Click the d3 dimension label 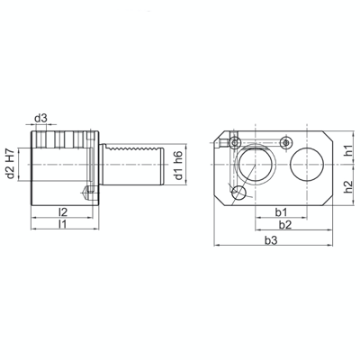[x=40, y=118]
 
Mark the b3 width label [x=271, y=240]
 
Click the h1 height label [x=348, y=150]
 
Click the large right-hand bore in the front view [x=306, y=163]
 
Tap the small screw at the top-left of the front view [x=234, y=142]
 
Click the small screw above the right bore [x=286, y=142]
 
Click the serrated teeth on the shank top [x=130, y=146]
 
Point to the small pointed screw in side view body [x=85, y=192]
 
